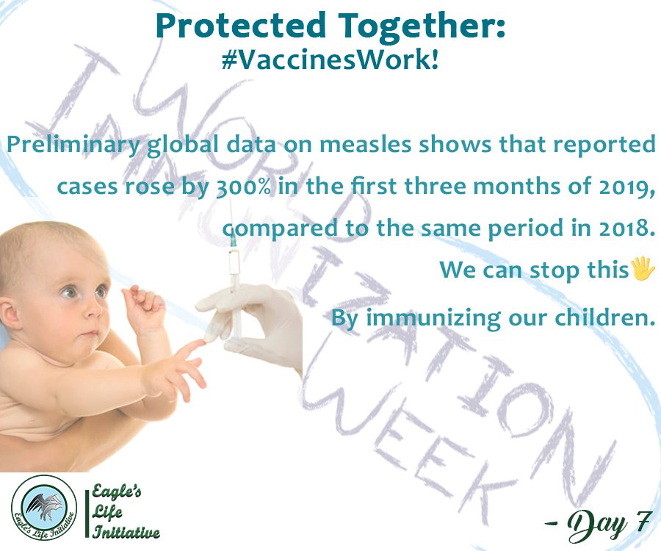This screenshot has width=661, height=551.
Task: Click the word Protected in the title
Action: pos(241,26)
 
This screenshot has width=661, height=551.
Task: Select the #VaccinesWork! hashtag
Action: pos(330,60)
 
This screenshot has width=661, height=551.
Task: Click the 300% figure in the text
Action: pos(243,186)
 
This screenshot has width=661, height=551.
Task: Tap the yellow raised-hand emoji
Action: pos(643,270)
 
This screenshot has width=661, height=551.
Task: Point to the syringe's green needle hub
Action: pos(233,241)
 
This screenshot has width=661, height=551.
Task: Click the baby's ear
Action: pos(10,314)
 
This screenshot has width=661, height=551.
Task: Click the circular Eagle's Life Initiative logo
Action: pos(44,507)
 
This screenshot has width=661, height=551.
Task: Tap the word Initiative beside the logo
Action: pos(126,531)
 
